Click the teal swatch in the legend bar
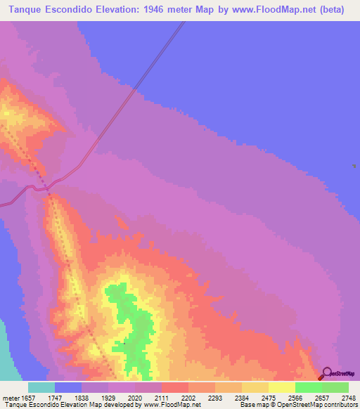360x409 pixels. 41,387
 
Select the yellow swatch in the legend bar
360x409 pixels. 281,387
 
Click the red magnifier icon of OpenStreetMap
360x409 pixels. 327,372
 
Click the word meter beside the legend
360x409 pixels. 11,397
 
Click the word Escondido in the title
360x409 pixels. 79,9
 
